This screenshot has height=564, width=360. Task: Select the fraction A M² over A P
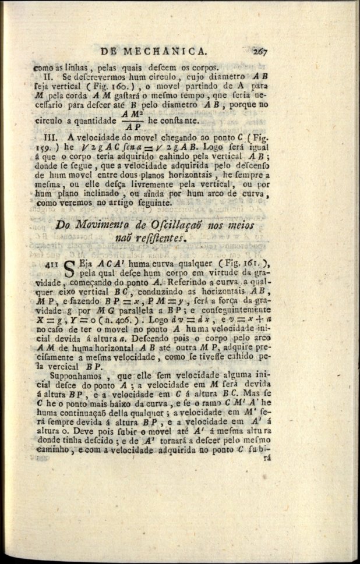click(133, 120)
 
